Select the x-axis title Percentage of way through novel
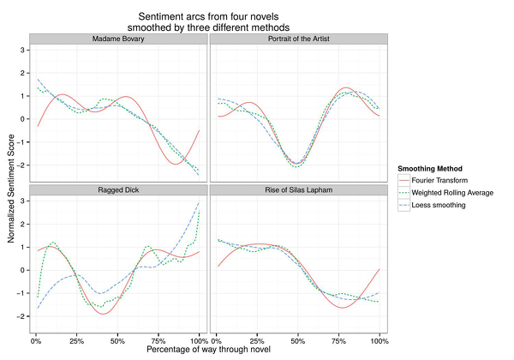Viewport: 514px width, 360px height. (x=208, y=350)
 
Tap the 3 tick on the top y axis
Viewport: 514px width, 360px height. (x=23, y=50)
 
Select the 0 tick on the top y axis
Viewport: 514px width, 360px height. (x=23, y=119)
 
